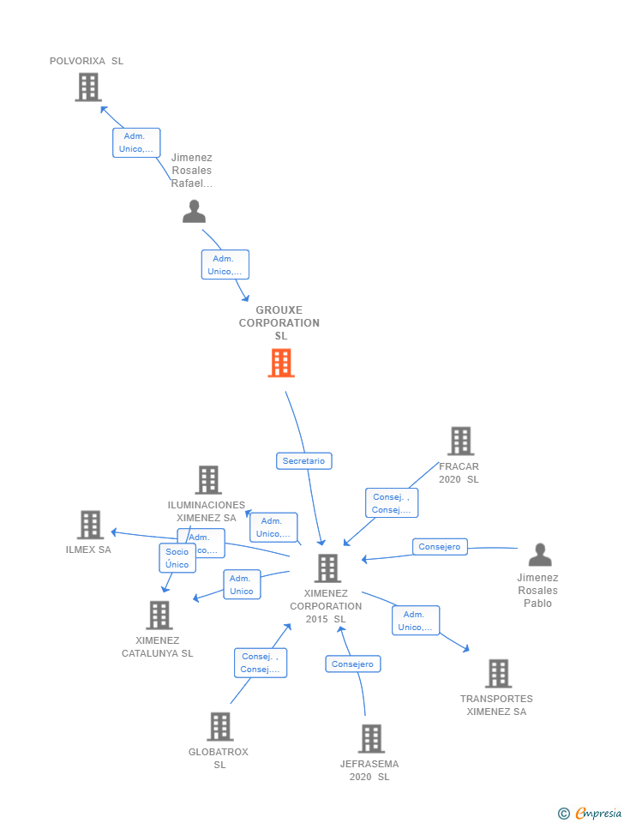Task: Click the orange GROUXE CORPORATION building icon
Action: point(281,363)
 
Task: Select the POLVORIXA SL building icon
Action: point(88,87)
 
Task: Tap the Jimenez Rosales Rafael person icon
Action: point(195,211)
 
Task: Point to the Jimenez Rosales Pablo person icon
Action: point(540,555)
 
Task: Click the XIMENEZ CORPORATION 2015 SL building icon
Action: point(327,568)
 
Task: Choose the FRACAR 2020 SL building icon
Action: point(460,442)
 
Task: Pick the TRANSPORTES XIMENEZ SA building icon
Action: point(498,674)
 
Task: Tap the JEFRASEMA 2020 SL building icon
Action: point(371,739)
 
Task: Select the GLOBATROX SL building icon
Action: point(220,727)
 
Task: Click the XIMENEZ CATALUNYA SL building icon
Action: point(159,615)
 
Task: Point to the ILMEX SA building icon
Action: point(90,525)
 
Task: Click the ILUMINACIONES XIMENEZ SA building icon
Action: point(208,480)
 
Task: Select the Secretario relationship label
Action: point(304,460)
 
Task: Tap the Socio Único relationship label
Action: point(177,558)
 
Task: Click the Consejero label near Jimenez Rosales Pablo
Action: point(440,547)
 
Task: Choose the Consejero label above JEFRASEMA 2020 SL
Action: point(353,664)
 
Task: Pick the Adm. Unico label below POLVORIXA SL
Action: point(136,142)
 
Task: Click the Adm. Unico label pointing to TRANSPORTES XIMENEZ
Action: point(416,621)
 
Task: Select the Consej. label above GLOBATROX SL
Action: point(261,663)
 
